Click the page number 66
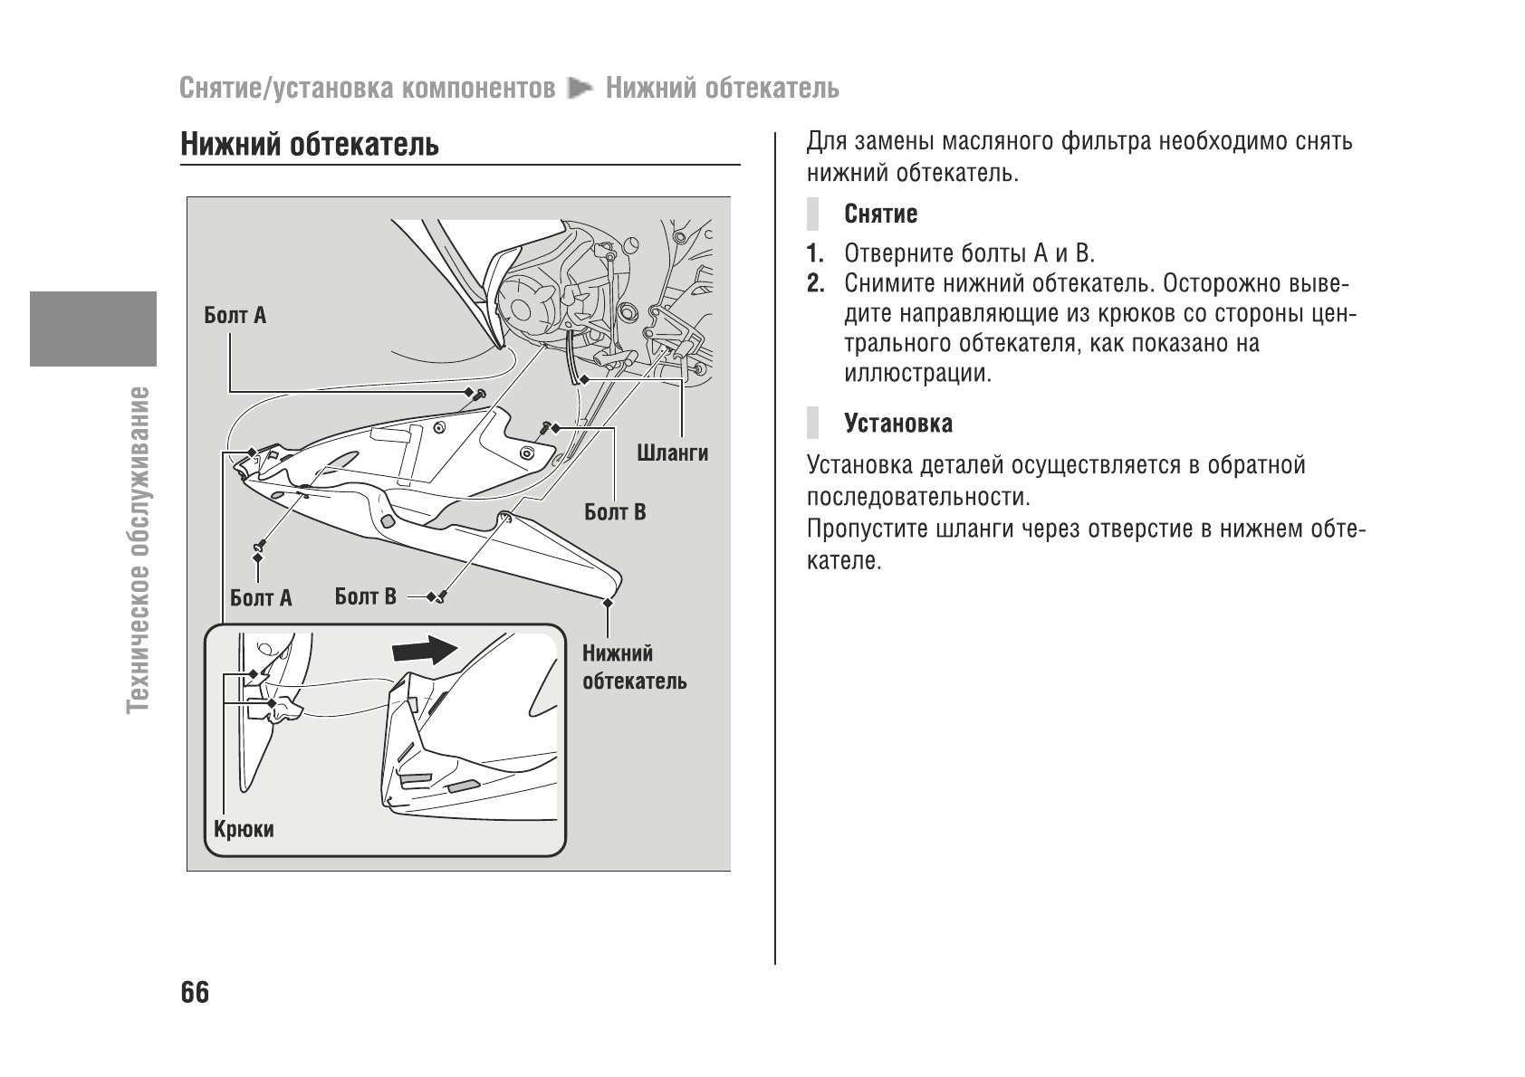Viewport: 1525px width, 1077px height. tap(195, 992)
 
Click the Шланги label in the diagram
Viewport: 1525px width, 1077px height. tap(672, 453)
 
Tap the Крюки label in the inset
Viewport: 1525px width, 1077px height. tap(244, 829)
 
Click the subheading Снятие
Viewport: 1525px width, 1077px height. tap(880, 214)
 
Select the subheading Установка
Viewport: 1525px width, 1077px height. tap(897, 424)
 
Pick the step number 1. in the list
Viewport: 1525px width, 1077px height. tap(816, 253)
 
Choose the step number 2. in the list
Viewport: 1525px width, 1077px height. tap(816, 283)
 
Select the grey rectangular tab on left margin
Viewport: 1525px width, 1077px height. tap(92, 328)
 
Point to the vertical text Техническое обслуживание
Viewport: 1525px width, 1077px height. tap(139, 548)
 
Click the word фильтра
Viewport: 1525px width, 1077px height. tap(1105, 142)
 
